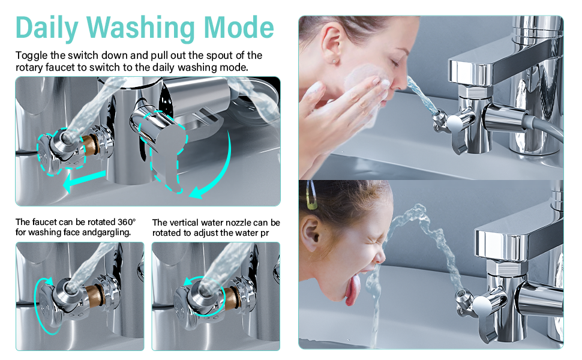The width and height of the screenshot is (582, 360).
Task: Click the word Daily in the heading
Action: (x=47, y=28)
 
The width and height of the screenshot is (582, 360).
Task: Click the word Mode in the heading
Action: (x=239, y=28)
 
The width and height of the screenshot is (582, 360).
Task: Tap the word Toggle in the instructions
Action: (x=32, y=56)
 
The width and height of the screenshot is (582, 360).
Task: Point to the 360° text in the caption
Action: (x=127, y=222)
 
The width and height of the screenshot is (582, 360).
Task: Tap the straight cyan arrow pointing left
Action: (x=84, y=181)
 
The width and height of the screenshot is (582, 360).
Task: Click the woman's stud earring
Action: (x=334, y=61)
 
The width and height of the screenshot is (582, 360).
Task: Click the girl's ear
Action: (x=310, y=232)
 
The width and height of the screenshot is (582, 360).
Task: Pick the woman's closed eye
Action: (x=394, y=62)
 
